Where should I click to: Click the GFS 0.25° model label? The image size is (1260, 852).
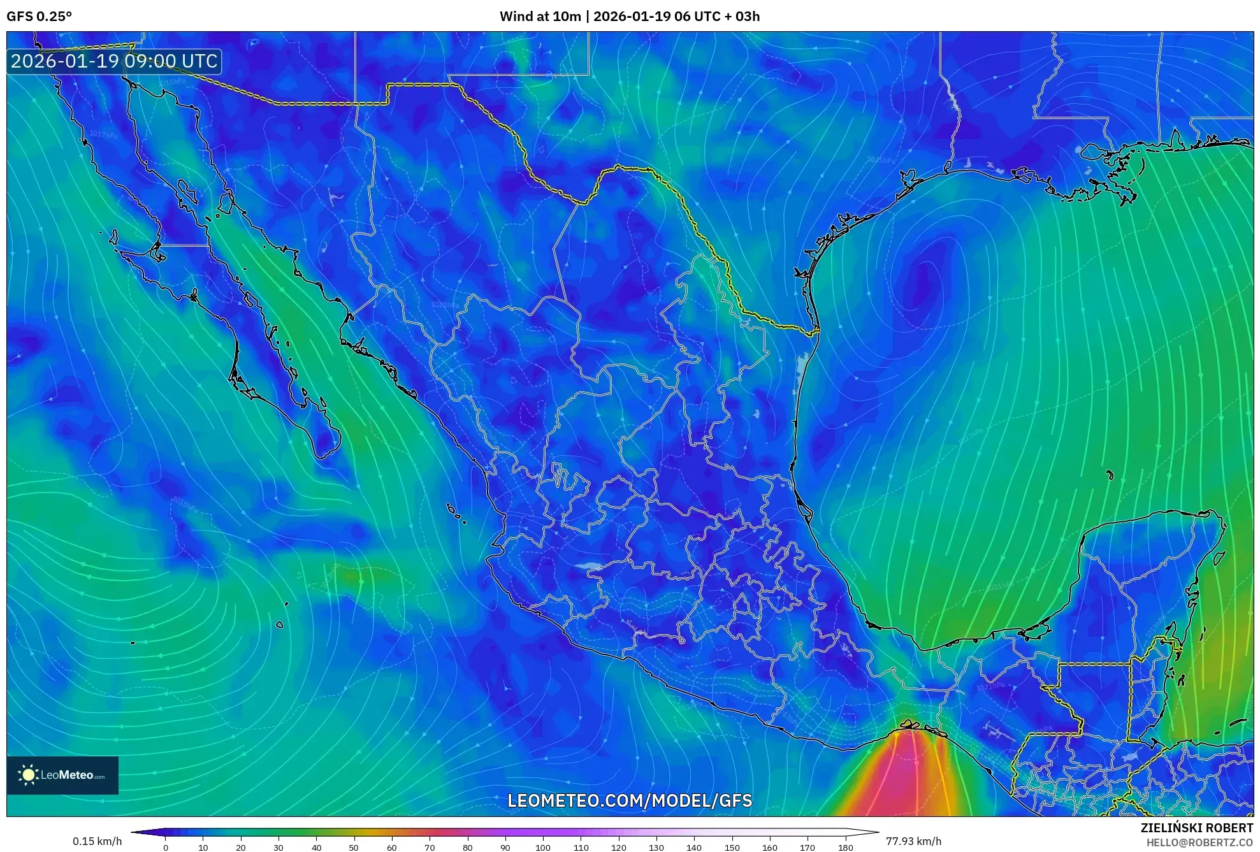click(x=39, y=17)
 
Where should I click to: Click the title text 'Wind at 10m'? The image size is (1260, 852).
click(x=540, y=17)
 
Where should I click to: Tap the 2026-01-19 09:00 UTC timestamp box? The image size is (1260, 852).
click(x=114, y=62)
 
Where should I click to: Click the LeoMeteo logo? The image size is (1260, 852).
click(x=62, y=775)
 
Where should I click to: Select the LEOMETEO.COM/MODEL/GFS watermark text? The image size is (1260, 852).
click(x=630, y=801)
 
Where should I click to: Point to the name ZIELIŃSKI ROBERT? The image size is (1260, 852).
click(x=1196, y=828)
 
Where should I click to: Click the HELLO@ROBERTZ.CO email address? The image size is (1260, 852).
click(x=1199, y=842)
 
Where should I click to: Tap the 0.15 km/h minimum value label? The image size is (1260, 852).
click(x=97, y=841)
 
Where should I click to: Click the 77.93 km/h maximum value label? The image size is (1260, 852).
click(x=913, y=841)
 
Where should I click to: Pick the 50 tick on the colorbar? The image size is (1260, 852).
click(x=354, y=848)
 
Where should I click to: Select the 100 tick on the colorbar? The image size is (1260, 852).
click(x=543, y=848)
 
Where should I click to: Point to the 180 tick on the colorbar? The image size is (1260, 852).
click(x=845, y=848)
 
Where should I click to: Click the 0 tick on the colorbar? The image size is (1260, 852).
click(x=166, y=848)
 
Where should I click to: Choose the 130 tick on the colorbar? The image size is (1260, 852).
click(x=656, y=848)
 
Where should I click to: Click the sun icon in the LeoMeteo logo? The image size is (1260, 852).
click(x=28, y=775)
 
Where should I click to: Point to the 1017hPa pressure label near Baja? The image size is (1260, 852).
click(x=103, y=135)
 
